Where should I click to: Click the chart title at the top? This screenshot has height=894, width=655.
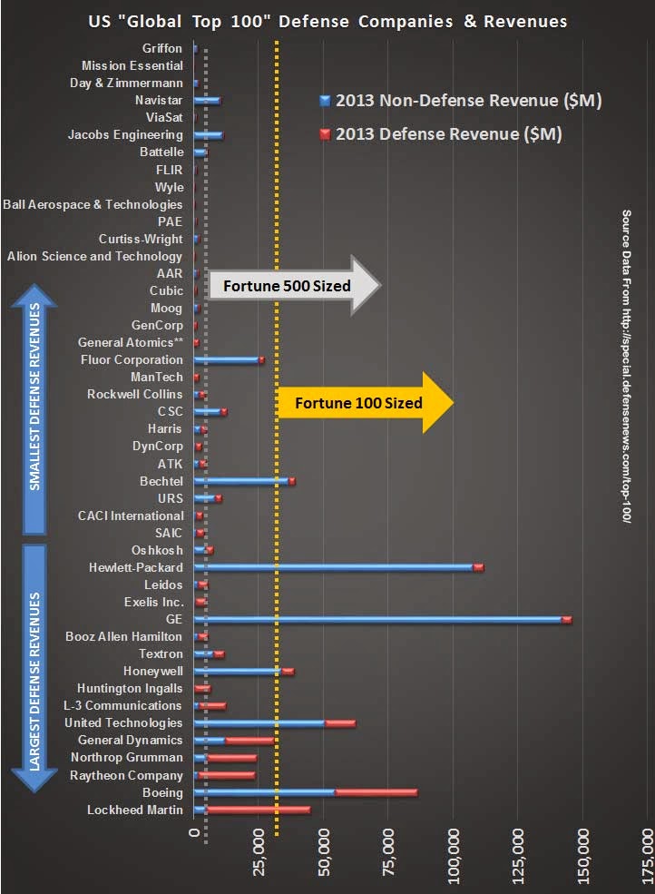[327, 20]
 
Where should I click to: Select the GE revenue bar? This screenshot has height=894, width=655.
[381, 620]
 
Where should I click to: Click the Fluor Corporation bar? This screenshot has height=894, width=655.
[229, 360]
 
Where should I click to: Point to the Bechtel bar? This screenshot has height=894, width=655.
[244, 481]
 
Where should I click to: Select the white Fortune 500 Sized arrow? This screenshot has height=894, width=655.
[292, 286]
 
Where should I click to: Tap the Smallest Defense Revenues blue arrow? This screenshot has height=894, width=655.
[35, 410]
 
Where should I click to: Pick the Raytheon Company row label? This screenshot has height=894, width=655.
[126, 775]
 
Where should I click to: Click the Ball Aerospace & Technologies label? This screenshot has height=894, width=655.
[93, 204]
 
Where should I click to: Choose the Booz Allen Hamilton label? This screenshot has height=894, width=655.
[124, 637]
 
